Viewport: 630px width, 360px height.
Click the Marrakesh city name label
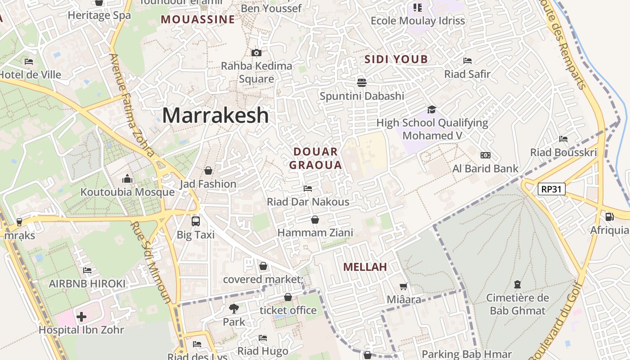[216, 116]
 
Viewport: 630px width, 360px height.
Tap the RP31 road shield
[551, 189]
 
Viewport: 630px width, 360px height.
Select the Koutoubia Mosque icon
[127, 179]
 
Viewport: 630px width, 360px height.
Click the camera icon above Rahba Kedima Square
[256, 53]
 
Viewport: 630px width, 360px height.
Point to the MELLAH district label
[365, 267]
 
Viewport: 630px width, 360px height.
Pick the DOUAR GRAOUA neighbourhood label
[315, 158]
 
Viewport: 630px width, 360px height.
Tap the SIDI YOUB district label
[396, 59]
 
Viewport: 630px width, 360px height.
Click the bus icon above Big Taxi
[196, 221]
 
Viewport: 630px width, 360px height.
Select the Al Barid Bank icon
[485, 155]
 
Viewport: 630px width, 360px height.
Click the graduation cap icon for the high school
[432, 110]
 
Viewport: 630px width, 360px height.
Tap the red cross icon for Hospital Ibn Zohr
[81, 317]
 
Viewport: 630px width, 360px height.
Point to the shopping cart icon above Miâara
[404, 286]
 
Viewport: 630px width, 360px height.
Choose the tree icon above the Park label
[234, 309]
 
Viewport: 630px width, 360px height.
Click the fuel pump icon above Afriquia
[610, 217]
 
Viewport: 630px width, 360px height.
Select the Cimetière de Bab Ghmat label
[517, 304]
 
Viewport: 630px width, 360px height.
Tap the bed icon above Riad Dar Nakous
[308, 188]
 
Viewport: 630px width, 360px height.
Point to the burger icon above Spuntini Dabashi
[362, 82]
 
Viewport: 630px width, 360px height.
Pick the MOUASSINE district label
[198, 19]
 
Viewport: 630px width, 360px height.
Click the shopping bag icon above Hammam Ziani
[315, 220]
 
